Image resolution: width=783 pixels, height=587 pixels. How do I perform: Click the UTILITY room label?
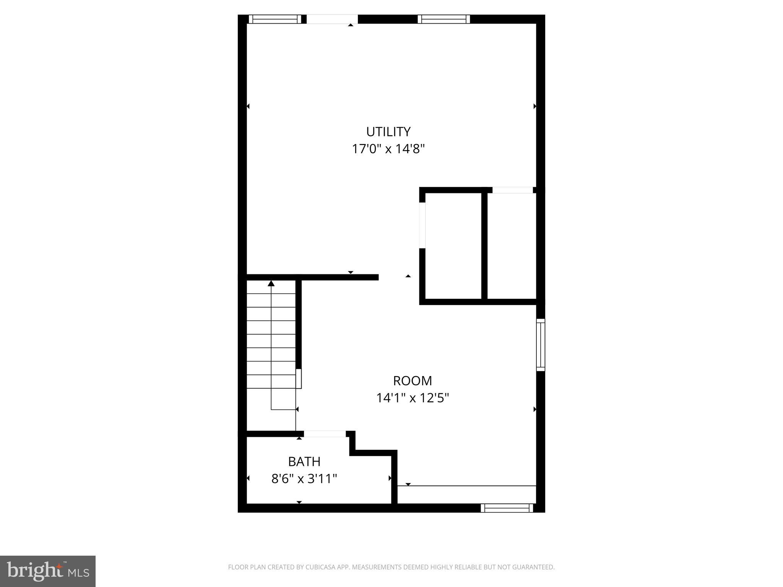click(x=388, y=131)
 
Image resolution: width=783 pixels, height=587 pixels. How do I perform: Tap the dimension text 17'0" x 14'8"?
click(x=388, y=149)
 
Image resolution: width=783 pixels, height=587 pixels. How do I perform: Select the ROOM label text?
click(x=412, y=381)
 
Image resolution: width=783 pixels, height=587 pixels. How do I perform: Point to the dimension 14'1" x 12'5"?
click(x=412, y=398)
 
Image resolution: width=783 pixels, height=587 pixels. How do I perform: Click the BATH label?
click(x=304, y=462)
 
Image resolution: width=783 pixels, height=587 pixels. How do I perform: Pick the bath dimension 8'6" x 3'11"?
click(x=304, y=478)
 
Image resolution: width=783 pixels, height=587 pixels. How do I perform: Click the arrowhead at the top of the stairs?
click(x=271, y=283)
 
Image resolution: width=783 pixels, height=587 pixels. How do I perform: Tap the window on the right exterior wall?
click(x=540, y=345)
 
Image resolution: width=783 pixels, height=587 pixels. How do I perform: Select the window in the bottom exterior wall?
click(x=507, y=508)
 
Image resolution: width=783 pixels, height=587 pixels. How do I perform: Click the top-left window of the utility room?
click(x=275, y=19)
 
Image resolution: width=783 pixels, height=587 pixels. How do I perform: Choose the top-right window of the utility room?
click(x=443, y=19)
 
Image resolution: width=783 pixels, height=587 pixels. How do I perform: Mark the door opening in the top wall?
click(x=332, y=19)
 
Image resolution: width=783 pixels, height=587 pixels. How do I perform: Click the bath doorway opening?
click(x=325, y=434)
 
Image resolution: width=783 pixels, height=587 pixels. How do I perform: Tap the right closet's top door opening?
click(x=512, y=190)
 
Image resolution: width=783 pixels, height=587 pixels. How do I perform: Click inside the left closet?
click(x=453, y=245)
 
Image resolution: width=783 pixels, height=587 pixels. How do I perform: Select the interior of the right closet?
click(x=512, y=245)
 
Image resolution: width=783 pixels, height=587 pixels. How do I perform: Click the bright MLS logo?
click(x=48, y=571)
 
